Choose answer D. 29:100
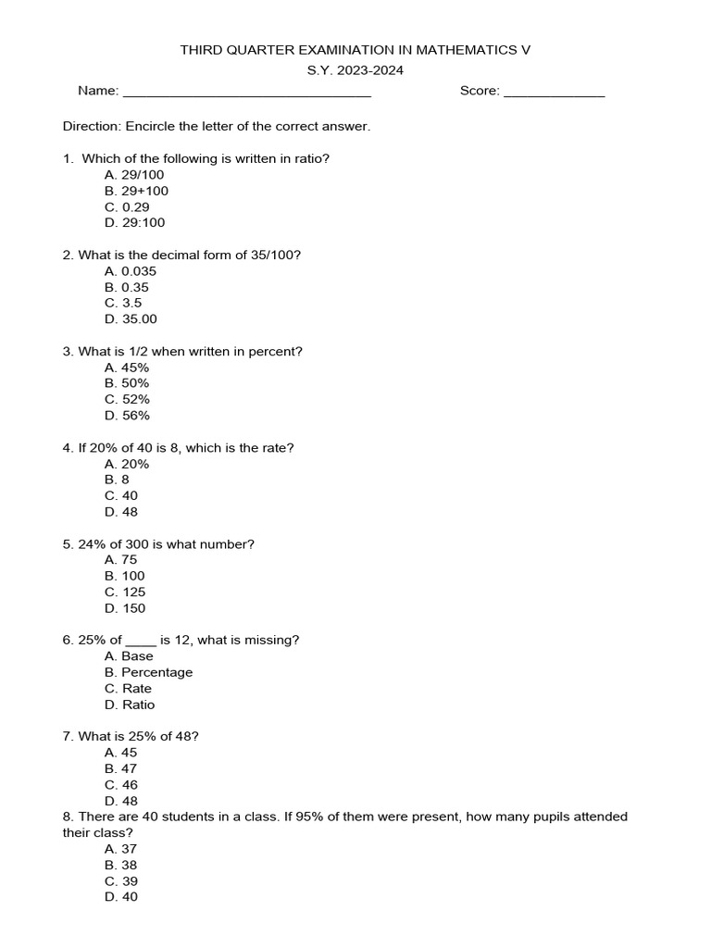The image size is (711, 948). point(135,222)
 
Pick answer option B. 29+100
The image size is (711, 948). point(137,191)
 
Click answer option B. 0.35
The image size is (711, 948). point(127,287)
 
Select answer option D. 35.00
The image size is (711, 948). point(131,318)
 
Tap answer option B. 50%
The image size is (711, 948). point(127,383)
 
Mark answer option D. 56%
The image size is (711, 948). point(127,416)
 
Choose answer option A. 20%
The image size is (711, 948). point(127,464)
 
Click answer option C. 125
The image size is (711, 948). point(125,592)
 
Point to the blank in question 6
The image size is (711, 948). point(141,641)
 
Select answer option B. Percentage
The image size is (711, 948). point(148,672)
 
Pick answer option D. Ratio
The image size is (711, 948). point(130,705)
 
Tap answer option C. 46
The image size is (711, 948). point(121,785)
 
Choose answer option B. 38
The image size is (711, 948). point(121,865)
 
